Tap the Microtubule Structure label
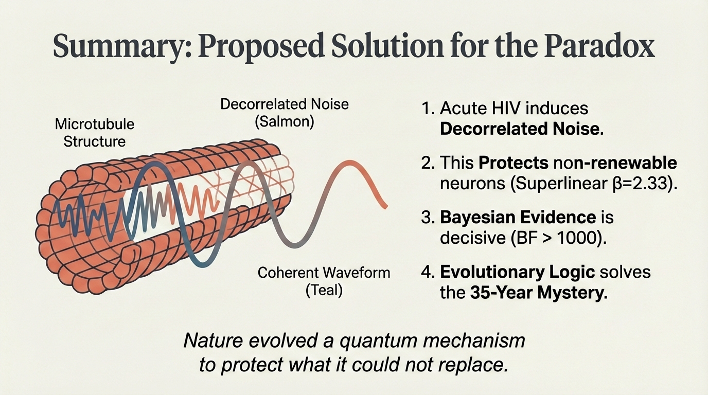click(94, 132)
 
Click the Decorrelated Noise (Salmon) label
click(284, 113)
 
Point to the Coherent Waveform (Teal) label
click(324, 281)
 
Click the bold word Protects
click(513, 163)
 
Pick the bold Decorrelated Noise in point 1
click(522, 129)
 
